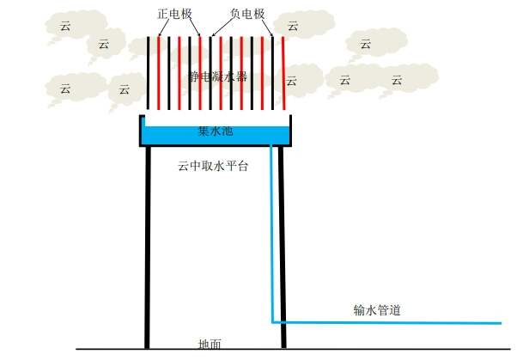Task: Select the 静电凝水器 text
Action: pos(217,76)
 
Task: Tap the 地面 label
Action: pos(210,345)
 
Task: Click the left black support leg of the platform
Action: pos(148,249)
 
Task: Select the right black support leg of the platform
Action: pos(283,249)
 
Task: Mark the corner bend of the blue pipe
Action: pos(273,322)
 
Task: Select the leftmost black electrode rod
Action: pos(148,72)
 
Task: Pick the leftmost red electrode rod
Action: pos(158,72)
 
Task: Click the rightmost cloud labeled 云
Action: pos(397,82)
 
